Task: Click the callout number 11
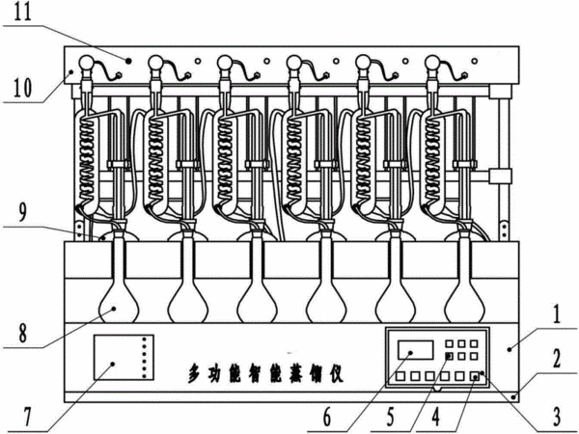[x=23, y=12]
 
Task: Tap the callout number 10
[x=23, y=87]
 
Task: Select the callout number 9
[x=22, y=212]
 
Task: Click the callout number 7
[x=28, y=418]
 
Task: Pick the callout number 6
[x=327, y=417]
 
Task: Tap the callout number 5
[x=390, y=417]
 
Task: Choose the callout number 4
[x=436, y=417]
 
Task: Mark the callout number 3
[x=556, y=417]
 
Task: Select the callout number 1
[x=557, y=314]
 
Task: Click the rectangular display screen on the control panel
[x=415, y=350]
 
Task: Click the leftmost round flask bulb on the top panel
[x=86, y=63]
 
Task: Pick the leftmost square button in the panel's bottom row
[x=400, y=376]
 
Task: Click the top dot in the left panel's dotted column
[x=145, y=339]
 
